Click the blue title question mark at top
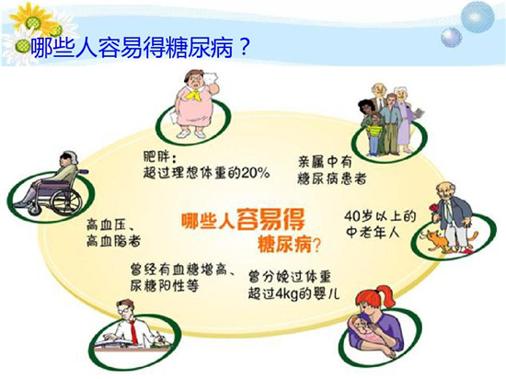tap(244, 48)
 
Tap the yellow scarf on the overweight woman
tap(195, 93)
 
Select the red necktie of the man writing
tap(133, 331)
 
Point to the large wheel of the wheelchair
tap(66, 201)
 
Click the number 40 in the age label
tap(352, 215)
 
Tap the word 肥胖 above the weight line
tap(156, 157)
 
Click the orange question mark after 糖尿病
tap(316, 246)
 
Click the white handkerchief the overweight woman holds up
tap(212, 78)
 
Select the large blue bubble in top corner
tap(477, 17)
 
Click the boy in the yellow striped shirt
tap(374, 133)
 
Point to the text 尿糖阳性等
tap(165, 286)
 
